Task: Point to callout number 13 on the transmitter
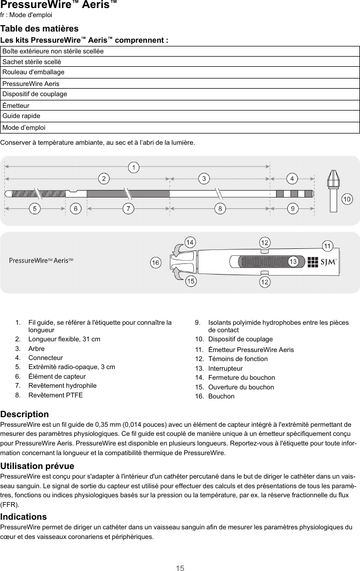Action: (293, 261)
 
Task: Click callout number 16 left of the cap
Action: (155, 263)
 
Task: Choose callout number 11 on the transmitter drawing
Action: (327, 246)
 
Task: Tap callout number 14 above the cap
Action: (189, 243)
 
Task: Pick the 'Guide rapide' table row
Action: (180, 116)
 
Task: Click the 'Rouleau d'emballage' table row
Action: (180, 72)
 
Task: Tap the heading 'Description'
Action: (25, 414)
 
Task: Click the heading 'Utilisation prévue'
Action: (37, 466)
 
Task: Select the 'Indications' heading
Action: (24, 517)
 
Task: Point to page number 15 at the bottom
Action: (180, 568)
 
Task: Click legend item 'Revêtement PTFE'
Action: (56, 395)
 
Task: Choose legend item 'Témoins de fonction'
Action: (238, 359)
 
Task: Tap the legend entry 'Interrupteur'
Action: (225, 369)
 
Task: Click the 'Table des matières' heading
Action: (40, 28)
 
